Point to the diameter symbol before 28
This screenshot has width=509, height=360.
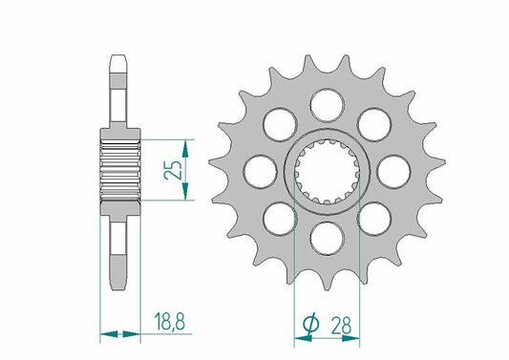pos(310,327)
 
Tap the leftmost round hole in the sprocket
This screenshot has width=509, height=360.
pos(257,170)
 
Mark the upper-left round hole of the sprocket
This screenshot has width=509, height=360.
pos(278,122)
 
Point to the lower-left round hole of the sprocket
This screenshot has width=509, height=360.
pos(278,214)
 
